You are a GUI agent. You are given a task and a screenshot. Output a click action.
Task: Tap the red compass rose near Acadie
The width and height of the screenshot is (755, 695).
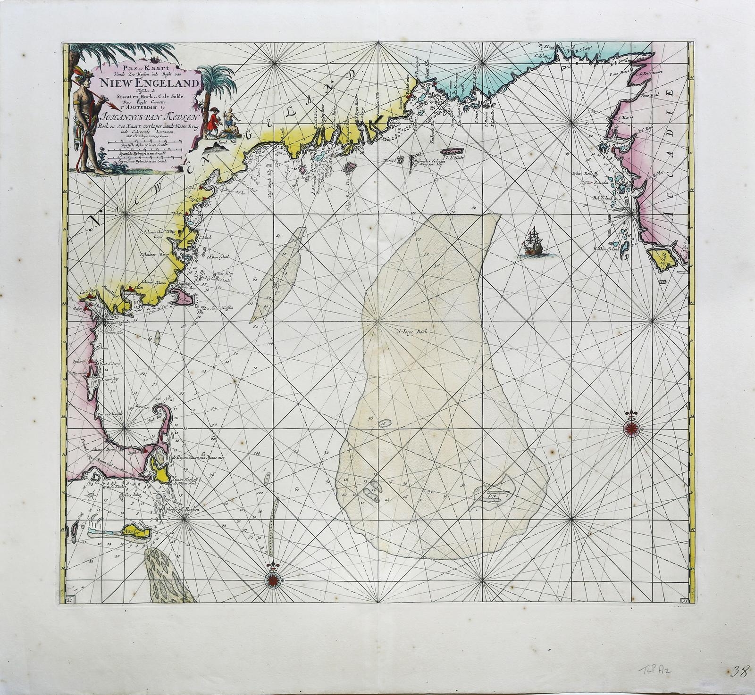[631, 428]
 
